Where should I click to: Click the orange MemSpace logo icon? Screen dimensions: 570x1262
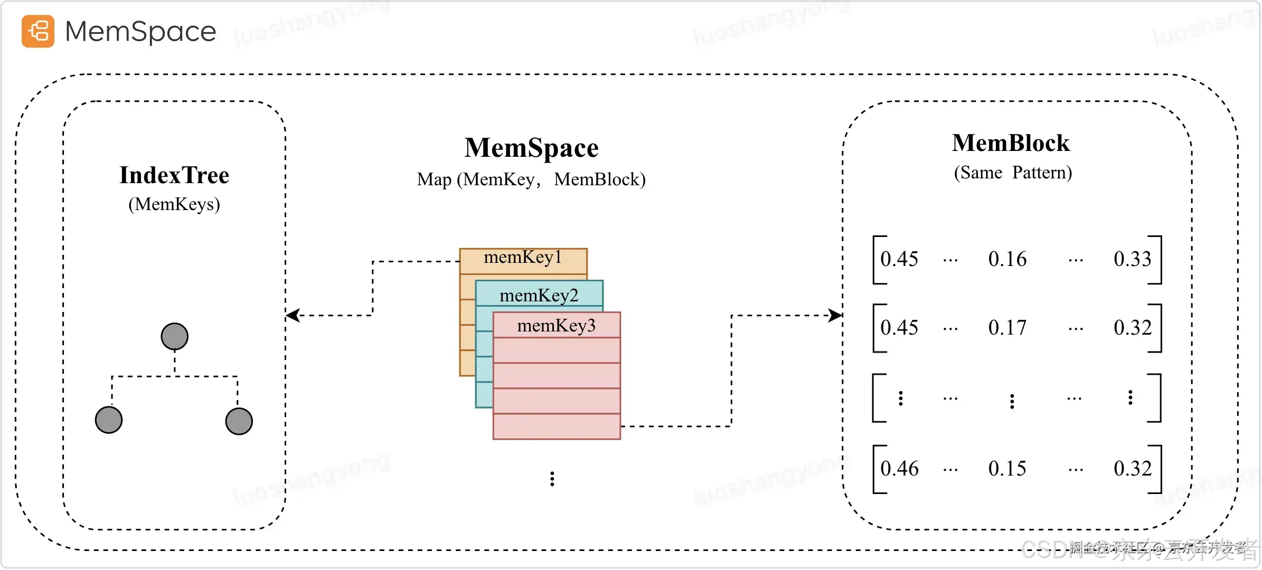37,31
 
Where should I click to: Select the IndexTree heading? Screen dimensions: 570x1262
174,175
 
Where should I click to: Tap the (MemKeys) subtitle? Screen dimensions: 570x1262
174,204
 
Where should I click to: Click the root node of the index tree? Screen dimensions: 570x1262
174,337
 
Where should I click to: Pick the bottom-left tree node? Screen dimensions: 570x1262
109,420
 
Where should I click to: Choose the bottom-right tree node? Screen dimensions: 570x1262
239,421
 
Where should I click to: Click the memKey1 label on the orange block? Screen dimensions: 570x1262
523,258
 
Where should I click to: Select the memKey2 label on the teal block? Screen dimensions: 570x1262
539,296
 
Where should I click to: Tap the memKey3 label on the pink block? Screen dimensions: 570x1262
556,326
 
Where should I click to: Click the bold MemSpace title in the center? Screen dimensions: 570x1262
531,148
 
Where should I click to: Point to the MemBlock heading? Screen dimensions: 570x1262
1011,143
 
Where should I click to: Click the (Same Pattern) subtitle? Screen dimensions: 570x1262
1013,173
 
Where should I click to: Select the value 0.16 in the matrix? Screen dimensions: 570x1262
1007,259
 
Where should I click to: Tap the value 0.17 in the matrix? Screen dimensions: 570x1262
1007,328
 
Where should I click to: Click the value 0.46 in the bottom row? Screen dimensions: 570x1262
899,469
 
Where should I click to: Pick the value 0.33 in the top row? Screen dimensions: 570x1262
1132,259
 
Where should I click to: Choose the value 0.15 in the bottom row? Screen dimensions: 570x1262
1007,469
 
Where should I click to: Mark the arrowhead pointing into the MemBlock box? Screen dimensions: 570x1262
835,316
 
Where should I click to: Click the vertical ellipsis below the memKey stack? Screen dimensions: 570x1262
552,479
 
